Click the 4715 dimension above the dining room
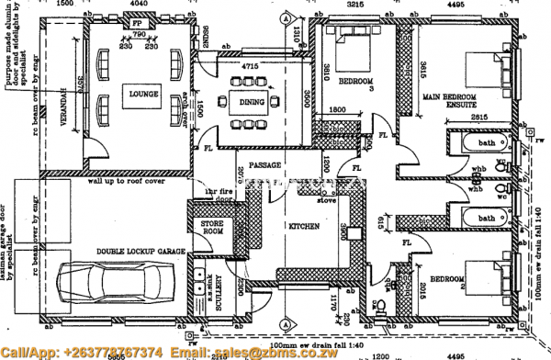click(x=250, y=67)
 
